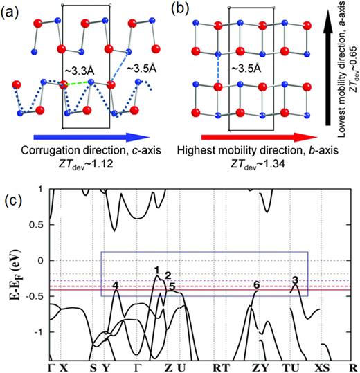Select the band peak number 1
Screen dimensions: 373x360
pos(157,270)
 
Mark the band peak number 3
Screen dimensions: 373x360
pos(296,279)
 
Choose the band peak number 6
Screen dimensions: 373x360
pos(256,285)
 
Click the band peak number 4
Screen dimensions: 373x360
pos(115,286)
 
